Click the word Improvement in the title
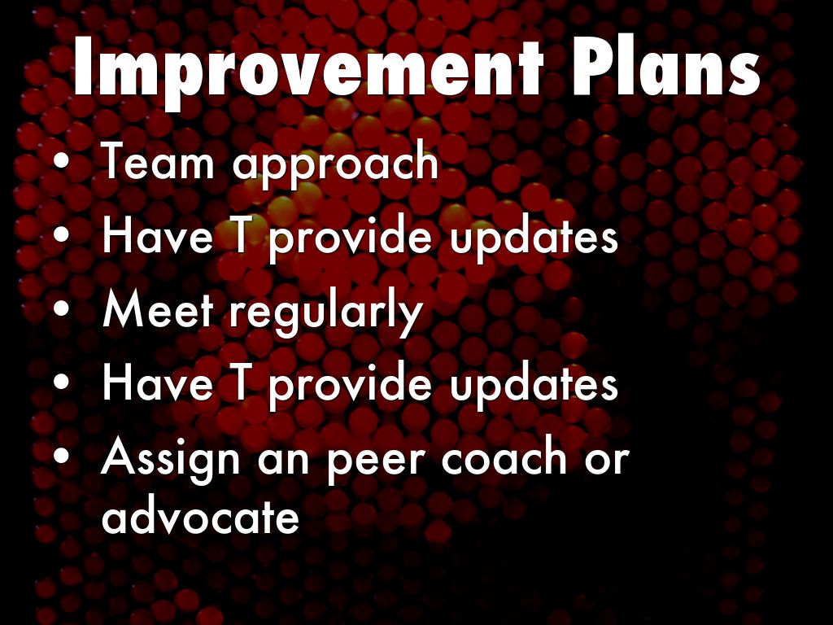307,68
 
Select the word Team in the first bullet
157,160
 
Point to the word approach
336,164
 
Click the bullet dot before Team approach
62,162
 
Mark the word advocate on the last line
200,514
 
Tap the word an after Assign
283,461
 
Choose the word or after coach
607,461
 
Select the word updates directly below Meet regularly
534,387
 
